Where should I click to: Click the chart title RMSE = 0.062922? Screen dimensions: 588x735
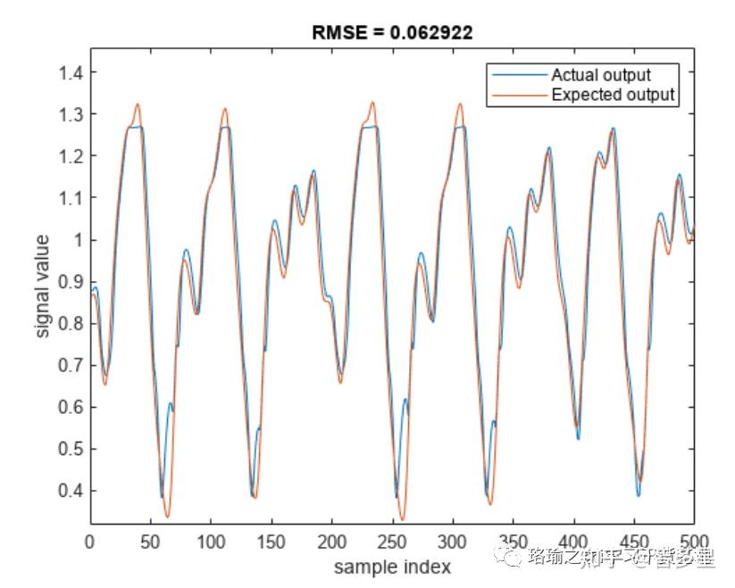tap(392, 33)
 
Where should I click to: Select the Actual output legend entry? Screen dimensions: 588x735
tap(600, 75)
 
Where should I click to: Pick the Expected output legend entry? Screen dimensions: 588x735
tap(613, 95)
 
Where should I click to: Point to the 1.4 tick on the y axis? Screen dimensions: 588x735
tap(71, 72)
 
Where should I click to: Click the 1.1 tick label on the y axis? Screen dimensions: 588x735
tap(71, 198)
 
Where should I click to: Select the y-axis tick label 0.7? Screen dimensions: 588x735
tap(71, 365)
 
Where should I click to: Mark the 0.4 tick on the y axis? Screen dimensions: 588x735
tap(71, 491)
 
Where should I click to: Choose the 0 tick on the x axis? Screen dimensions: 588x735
tap(90, 542)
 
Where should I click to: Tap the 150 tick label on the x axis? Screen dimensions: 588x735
tap(271, 542)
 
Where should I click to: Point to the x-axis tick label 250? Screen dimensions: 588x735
tap(392, 542)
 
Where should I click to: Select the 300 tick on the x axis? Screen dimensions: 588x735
tap(453, 542)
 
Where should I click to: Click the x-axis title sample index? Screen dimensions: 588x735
tap(392, 567)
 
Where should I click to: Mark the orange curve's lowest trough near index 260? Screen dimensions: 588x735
tap(403, 519)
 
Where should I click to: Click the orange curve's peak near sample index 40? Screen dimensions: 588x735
tap(138, 104)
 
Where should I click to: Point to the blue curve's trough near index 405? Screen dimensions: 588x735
tap(578, 438)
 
